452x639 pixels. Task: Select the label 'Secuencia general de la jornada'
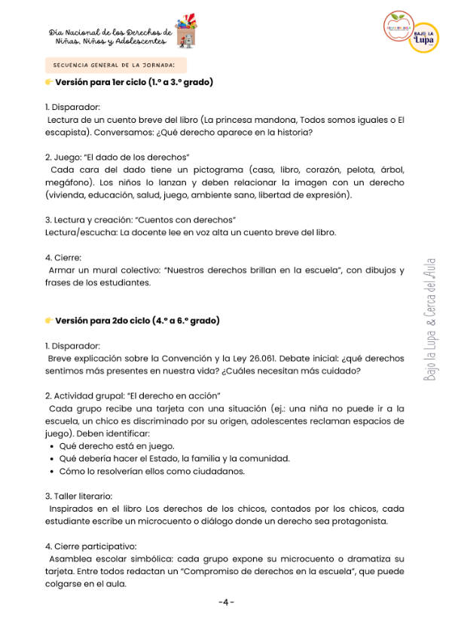[x=115, y=66]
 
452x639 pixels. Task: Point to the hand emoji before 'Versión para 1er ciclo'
[x=49, y=82]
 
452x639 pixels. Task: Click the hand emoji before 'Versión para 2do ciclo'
[x=49, y=321]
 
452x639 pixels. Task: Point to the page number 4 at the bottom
[x=226, y=603]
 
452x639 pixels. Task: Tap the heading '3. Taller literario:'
[x=78, y=496]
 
